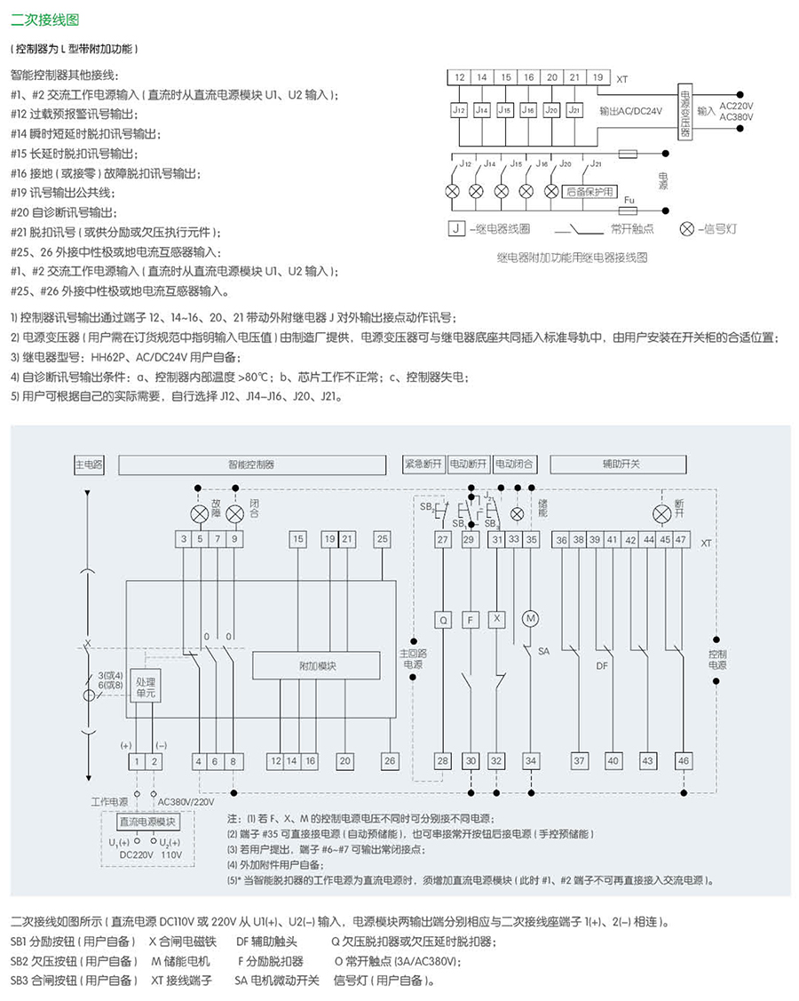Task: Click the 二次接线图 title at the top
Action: [x=35, y=16]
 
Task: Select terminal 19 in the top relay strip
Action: [x=597, y=77]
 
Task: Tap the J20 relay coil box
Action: [x=551, y=110]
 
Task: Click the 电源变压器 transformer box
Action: [x=684, y=112]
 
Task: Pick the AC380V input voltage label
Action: [x=735, y=116]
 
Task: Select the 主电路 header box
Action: [x=89, y=464]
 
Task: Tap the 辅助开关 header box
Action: [x=621, y=464]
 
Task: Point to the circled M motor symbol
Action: [x=531, y=617]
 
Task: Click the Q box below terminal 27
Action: [x=443, y=617]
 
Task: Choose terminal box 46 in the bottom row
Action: [x=683, y=760]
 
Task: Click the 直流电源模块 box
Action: [x=146, y=822]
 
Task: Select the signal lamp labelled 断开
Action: [x=661, y=514]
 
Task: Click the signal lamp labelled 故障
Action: [x=200, y=514]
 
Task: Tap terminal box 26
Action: [x=390, y=760]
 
